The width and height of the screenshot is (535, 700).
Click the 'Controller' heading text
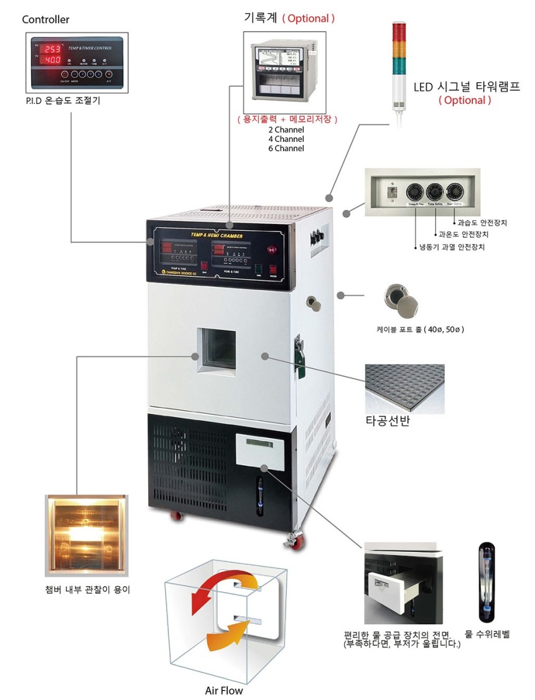coord(45,19)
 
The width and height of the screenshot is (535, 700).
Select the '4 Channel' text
coord(286,139)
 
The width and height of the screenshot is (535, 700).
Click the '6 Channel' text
coord(286,148)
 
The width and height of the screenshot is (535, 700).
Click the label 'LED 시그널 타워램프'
coord(467,86)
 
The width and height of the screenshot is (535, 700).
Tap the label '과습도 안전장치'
coord(482,222)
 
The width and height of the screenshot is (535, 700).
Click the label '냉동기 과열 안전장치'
coord(453,247)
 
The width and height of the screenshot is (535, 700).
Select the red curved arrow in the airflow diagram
coord(215,587)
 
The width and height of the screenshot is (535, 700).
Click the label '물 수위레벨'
coord(487,635)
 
